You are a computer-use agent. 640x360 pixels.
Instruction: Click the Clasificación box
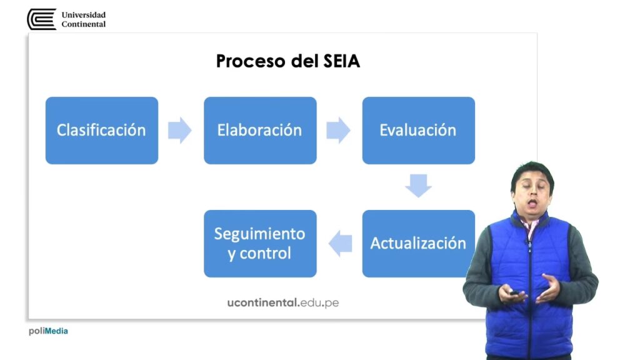102,131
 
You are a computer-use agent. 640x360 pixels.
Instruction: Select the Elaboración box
260,131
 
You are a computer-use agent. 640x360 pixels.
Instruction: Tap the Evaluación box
418,131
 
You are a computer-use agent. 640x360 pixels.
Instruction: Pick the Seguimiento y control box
260,244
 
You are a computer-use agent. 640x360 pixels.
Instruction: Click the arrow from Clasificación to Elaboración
180,131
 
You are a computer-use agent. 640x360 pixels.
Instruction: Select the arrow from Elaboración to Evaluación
338,131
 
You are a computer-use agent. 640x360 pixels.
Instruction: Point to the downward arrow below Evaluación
418,186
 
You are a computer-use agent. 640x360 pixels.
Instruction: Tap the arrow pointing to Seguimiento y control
341,244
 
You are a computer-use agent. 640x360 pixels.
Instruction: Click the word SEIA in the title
342,61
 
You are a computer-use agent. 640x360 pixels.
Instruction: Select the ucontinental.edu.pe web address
283,302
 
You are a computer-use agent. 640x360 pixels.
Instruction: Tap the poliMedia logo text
48,331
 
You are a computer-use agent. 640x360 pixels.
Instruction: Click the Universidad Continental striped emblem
42,19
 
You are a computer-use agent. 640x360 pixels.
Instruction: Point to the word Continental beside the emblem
84,24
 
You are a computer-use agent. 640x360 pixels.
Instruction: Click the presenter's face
532,192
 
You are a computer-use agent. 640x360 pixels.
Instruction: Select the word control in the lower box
265,254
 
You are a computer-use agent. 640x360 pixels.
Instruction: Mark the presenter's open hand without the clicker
549,288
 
